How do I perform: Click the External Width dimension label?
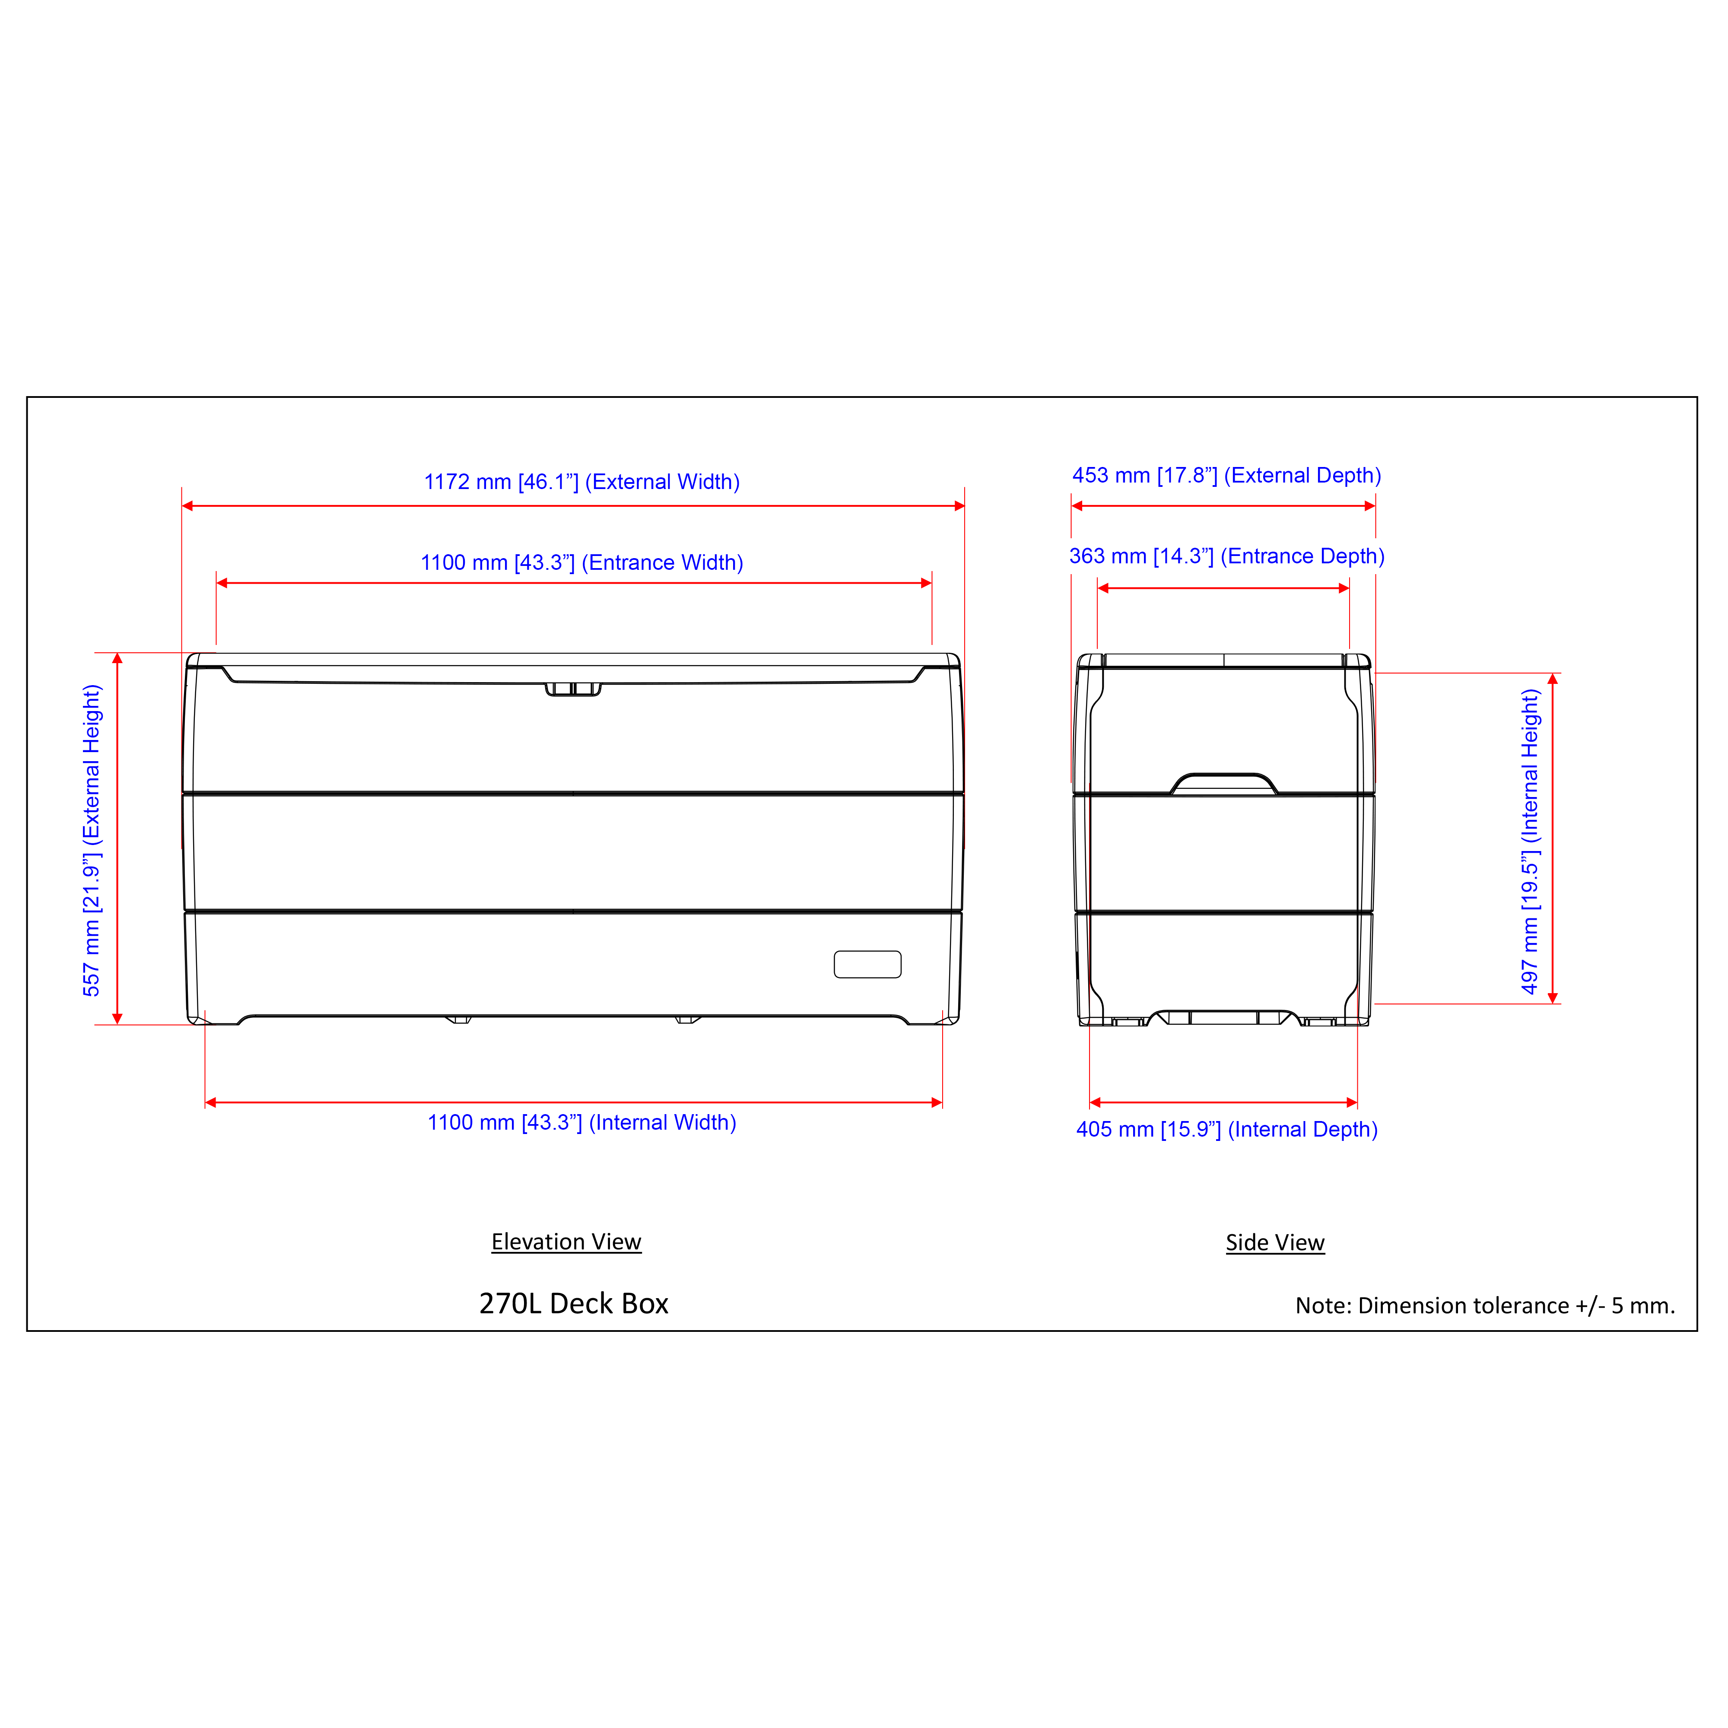pyautogui.click(x=581, y=482)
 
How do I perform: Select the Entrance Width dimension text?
pyautogui.click(x=581, y=562)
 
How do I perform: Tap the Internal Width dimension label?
pyautogui.click(x=581, y=1122)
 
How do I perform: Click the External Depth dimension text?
pyautogui.click(x=1226, y=476)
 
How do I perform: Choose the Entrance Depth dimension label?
pyautogui.click(x=1226, y=556)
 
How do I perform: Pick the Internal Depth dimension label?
pyautogui.click(x=1226, y=1130)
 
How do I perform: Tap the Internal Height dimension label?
pyautogui.click(x=1530, y=841)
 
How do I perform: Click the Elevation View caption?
pyautogui.click(x=566, y=1242)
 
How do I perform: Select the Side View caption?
pyautogui.click(x=1274, y=1243)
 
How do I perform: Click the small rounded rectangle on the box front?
pyautogui.click(x=867, y=964)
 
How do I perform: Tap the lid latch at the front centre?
pyautogui.click(x=573, y=689)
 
